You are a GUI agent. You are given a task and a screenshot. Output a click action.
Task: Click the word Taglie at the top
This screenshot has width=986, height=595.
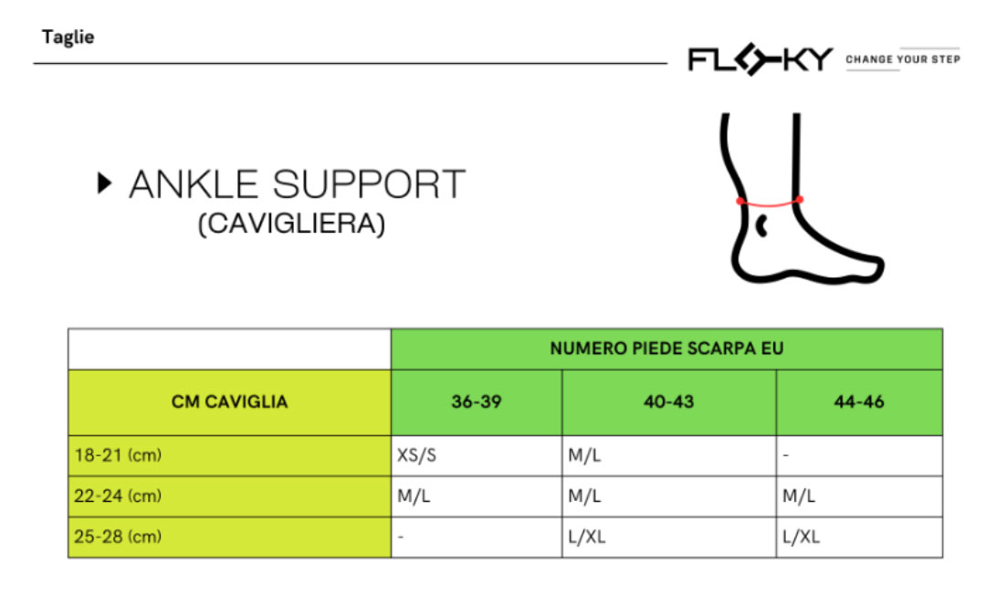pyautogui.click(x=68, y=38)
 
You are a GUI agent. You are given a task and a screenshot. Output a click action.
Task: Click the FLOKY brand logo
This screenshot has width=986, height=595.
pyautogui.click(x=760, y=60)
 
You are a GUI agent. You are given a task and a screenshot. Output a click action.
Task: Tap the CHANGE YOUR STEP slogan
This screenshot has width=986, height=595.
pyautogui.click(x=902, y=59)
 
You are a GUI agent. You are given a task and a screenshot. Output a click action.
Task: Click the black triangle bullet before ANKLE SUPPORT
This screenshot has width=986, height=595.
pyautogui.click(x=104, y=183)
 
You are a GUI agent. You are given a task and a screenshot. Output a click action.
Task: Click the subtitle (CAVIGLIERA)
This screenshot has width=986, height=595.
pyautogui.click(x=291, y=224)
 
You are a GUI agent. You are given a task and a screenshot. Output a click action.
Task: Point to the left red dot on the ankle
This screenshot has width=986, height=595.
pyautogui.click(x=740, y=201)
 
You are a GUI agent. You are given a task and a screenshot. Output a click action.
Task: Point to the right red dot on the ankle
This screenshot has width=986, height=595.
pyautogui.click(x=799, y=198)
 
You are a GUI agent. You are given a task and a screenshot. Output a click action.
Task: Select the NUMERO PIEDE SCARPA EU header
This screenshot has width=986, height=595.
pyautogui.click(x=666, y=349)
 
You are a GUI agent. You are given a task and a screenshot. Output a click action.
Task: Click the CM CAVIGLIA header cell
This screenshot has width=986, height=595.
pyautogui.click(x=229, y=402)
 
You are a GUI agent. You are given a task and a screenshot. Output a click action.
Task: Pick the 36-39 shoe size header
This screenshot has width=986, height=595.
pyautogui.click(x=476, y=402)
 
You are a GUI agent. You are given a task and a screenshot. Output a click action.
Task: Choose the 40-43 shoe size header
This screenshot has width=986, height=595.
pyautogui.click(x=668, y=402)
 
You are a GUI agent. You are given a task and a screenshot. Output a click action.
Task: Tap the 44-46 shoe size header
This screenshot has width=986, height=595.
pyautogui.click(x=858, y=402)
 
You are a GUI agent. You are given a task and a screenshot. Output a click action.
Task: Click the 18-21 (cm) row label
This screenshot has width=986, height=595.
pyautogui.click(x=117, y=455)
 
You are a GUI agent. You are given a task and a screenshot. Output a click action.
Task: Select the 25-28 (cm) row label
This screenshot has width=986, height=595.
pyautogui.click(x=117, y=537)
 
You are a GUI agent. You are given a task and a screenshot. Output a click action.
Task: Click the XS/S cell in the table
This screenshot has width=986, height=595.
pyautogui.click(x=416, y=455)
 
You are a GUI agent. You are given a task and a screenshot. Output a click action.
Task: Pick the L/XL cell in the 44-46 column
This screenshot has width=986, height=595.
pyautogui.click(x=801, y=537)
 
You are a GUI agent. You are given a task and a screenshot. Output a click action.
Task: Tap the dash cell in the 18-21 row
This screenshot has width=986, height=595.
pyautogui.click(x=786, y=455)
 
